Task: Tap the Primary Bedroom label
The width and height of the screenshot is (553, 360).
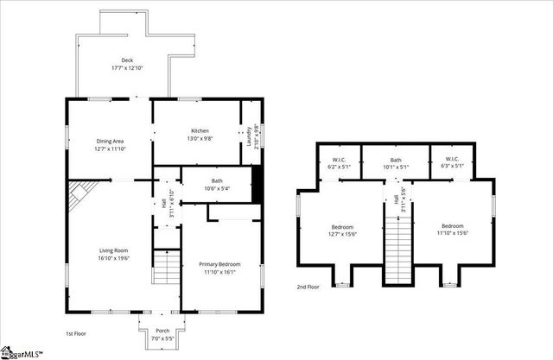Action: point(219,264)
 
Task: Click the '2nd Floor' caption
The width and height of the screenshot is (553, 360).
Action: point(308,287)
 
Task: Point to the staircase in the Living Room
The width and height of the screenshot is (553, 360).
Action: point(165,267)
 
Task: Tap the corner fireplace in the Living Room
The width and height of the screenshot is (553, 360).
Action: point(81,197)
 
